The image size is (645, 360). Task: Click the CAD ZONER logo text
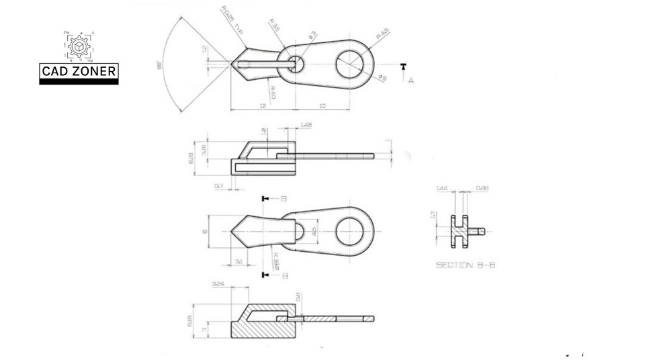(79, 71)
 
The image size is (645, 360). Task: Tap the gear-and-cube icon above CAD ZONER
(79, 46)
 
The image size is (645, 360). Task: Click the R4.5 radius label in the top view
(383, 34)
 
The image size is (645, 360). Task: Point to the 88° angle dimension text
(160, 66)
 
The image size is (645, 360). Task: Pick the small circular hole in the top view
(296, 64)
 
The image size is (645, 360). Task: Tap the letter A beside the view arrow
(411, 79)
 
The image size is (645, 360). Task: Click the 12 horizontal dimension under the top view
(263, 106)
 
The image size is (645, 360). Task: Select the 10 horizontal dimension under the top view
(322, 106)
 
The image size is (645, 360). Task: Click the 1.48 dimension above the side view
(306, 125)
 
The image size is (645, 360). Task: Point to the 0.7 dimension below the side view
(219, 186)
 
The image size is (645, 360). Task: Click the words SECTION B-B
(466, 265)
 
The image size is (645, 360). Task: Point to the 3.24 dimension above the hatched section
(218, 285)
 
